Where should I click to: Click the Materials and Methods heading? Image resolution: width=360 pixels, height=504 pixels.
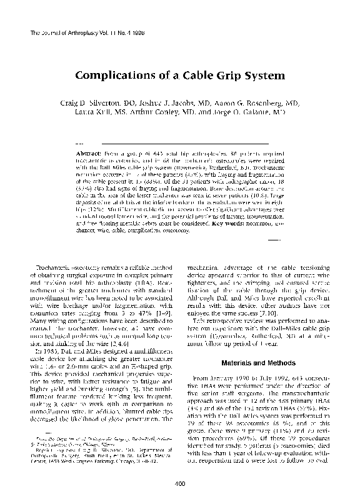tap(254, 363)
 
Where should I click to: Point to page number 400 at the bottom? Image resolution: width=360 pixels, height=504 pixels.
tap(180, 483)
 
